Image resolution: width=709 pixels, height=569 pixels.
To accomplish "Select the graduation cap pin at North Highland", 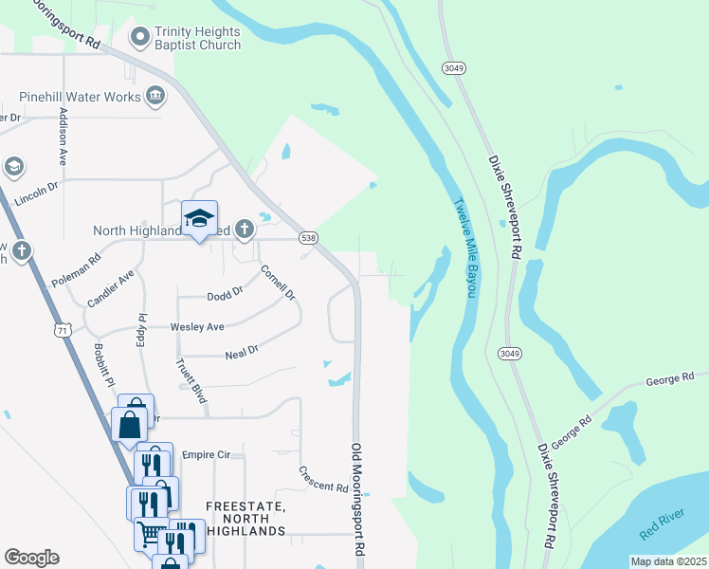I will [x=199, y=220].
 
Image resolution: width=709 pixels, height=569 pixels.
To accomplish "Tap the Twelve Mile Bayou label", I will [x=463, y=247].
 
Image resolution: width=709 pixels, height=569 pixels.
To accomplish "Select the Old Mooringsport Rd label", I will [x=358, y=499].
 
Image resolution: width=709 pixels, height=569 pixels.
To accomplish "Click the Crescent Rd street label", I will [x=323, y=480].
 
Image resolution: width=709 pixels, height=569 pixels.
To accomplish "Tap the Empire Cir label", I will [x=207, y=455].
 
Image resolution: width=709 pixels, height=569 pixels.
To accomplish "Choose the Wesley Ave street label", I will [x=197, y=326].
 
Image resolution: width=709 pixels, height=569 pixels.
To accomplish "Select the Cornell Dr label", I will [x=279, y=283].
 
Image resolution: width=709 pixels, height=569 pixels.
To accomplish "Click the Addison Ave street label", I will [x=64, y=137].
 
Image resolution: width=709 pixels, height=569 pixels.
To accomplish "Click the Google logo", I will [x=31, y=558].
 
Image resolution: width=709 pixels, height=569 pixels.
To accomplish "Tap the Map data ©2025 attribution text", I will [x=667, y=561].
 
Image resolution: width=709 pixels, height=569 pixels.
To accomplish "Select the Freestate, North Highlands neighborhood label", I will [x=245, y=519].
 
